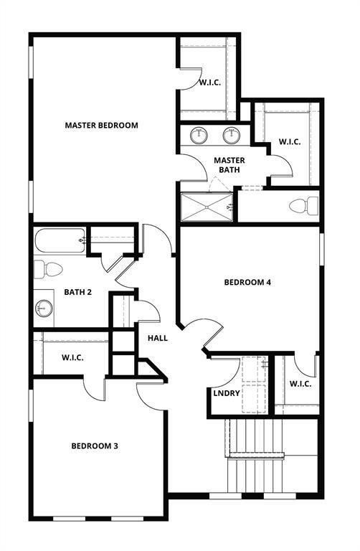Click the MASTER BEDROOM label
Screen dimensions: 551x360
[101, 125]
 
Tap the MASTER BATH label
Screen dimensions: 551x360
[229, 165]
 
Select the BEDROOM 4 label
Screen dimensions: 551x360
[247, 282]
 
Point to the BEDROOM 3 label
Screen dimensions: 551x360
[95, 446]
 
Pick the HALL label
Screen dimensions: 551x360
[158, 337]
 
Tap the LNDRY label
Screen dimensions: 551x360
[226, 393]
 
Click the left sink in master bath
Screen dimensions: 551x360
[199, 135]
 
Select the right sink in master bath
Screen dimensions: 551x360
[232, 135]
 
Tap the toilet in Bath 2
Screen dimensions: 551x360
[49, 269]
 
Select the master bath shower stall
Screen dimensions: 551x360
[207, 207]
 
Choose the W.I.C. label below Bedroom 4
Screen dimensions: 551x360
[300, 384]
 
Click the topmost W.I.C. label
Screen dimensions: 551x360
[209, 83]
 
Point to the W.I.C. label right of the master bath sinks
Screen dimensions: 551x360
[289, 141]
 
